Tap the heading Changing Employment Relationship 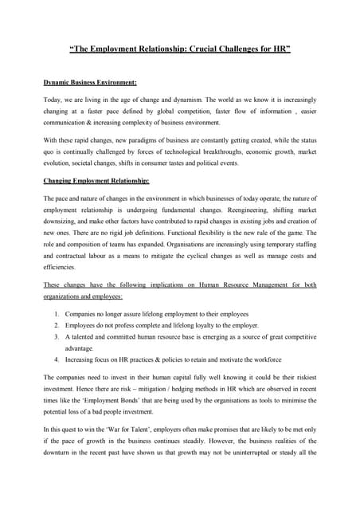tap(96, 180)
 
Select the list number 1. tap(57, 314)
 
